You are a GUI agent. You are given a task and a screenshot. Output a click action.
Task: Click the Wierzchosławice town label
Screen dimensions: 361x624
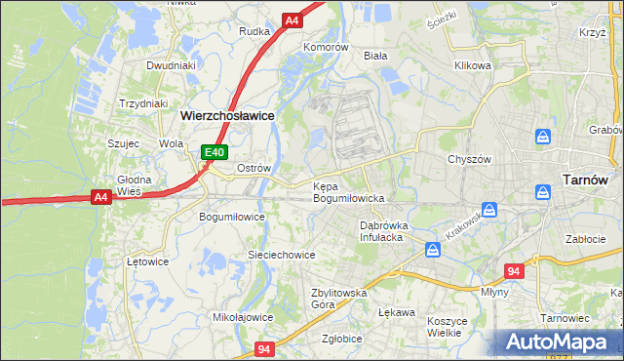click(227, 115)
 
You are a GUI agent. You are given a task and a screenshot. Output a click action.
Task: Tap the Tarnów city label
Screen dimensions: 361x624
click(586, 180)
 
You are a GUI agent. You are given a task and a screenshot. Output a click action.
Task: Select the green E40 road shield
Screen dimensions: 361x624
click(214, 152)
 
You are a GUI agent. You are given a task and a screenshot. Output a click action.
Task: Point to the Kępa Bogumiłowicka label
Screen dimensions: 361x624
click(349, 192)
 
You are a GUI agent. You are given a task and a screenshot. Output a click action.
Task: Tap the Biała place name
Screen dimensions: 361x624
click(375, 56)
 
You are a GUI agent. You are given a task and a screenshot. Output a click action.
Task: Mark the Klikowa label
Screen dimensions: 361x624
click(472, 66)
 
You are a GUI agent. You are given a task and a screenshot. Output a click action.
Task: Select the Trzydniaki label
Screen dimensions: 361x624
click(143, 103)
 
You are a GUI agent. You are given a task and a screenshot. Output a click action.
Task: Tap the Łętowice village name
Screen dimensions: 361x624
click(148, 261)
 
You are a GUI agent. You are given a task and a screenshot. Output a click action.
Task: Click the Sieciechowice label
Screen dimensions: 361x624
click(281, 255)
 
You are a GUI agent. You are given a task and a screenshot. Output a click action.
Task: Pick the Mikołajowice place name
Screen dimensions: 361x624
click(243, 317)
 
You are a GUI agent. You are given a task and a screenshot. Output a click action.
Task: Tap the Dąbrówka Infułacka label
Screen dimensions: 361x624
click(385, 230)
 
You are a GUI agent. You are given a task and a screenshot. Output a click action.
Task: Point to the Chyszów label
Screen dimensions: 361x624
click(468, 159)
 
